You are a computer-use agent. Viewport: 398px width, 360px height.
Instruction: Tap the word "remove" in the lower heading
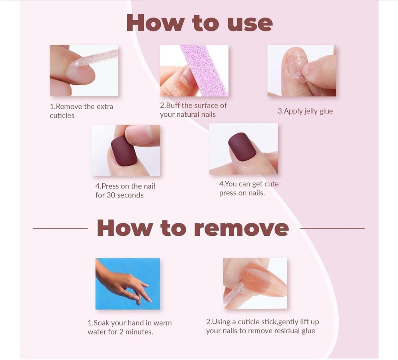click(242, 228)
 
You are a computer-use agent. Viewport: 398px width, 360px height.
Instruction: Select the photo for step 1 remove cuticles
click(84, 70)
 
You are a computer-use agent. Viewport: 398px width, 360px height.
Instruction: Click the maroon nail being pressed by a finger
click(124, 151)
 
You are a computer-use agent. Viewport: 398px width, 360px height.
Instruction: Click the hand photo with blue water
click(128, 284)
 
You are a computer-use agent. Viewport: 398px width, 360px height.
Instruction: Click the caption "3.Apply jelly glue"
click(305, 111)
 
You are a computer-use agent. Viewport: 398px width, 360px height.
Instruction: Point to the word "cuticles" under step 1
click(62, 115)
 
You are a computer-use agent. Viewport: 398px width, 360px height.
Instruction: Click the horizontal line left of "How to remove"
click(60, 229)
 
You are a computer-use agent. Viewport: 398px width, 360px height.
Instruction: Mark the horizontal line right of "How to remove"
click(332, 229)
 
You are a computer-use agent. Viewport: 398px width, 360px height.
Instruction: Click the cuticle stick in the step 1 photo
click(94, 58)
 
